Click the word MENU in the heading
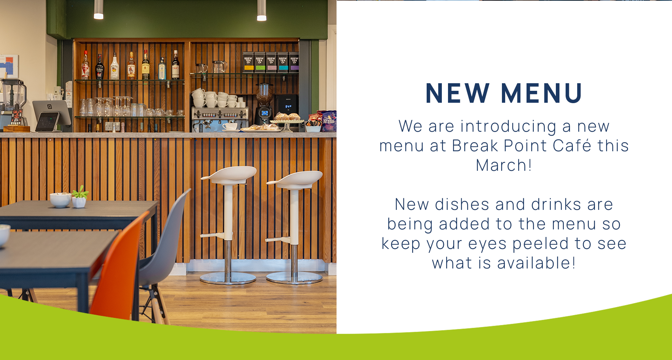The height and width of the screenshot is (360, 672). (542, 93)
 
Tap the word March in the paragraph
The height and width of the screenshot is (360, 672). (501, 165)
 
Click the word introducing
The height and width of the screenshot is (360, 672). (508, 126)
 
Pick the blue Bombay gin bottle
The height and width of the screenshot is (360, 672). (162, 68)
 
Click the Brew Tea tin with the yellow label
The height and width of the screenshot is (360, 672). (248, 62)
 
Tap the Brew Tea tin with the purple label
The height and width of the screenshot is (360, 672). (294, 62)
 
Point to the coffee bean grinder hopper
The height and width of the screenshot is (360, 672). (265, 94)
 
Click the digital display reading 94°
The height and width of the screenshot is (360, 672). (288, 107)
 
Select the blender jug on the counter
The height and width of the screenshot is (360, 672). (13, 95)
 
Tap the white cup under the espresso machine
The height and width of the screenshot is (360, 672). (229, 126)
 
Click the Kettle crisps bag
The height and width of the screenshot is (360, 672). (328, 121)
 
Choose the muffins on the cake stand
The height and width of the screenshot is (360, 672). (287, 117)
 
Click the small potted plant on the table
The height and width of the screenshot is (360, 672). (79, 197)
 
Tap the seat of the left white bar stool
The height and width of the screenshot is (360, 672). (229, 175)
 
